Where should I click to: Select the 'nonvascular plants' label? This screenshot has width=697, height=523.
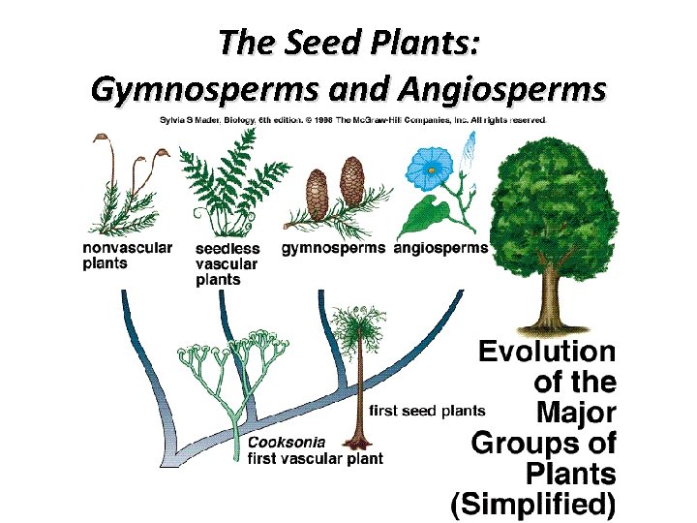click(x=127, y=255)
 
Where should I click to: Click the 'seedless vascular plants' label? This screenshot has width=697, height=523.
click(x=227, y=264)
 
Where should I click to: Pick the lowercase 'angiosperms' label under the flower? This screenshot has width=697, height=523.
click(x=441, y=248)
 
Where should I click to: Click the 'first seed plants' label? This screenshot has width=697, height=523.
click(x=427, y=410)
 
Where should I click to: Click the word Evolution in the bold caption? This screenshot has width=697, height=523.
click(x=548, y=352)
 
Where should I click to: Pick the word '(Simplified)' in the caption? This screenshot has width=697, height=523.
click(x=533, y=504)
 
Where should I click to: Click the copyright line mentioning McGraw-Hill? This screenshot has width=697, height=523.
click(x=353, y=119)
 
